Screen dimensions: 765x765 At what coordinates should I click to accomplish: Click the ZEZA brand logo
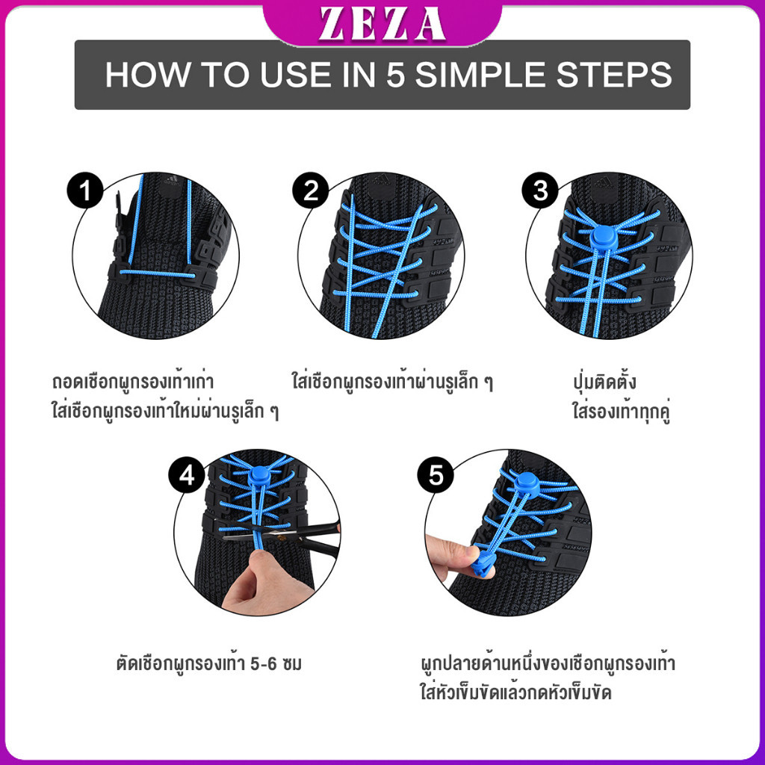click(382, 23)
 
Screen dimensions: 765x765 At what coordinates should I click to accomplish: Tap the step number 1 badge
click(84, 192)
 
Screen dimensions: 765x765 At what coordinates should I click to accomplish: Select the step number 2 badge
click(312, 192)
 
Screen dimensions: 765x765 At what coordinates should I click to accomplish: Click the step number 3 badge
click(540, 192)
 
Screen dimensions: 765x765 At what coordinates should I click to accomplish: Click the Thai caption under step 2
click(392, 382)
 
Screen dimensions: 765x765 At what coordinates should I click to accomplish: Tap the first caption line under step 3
click(601, 382)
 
